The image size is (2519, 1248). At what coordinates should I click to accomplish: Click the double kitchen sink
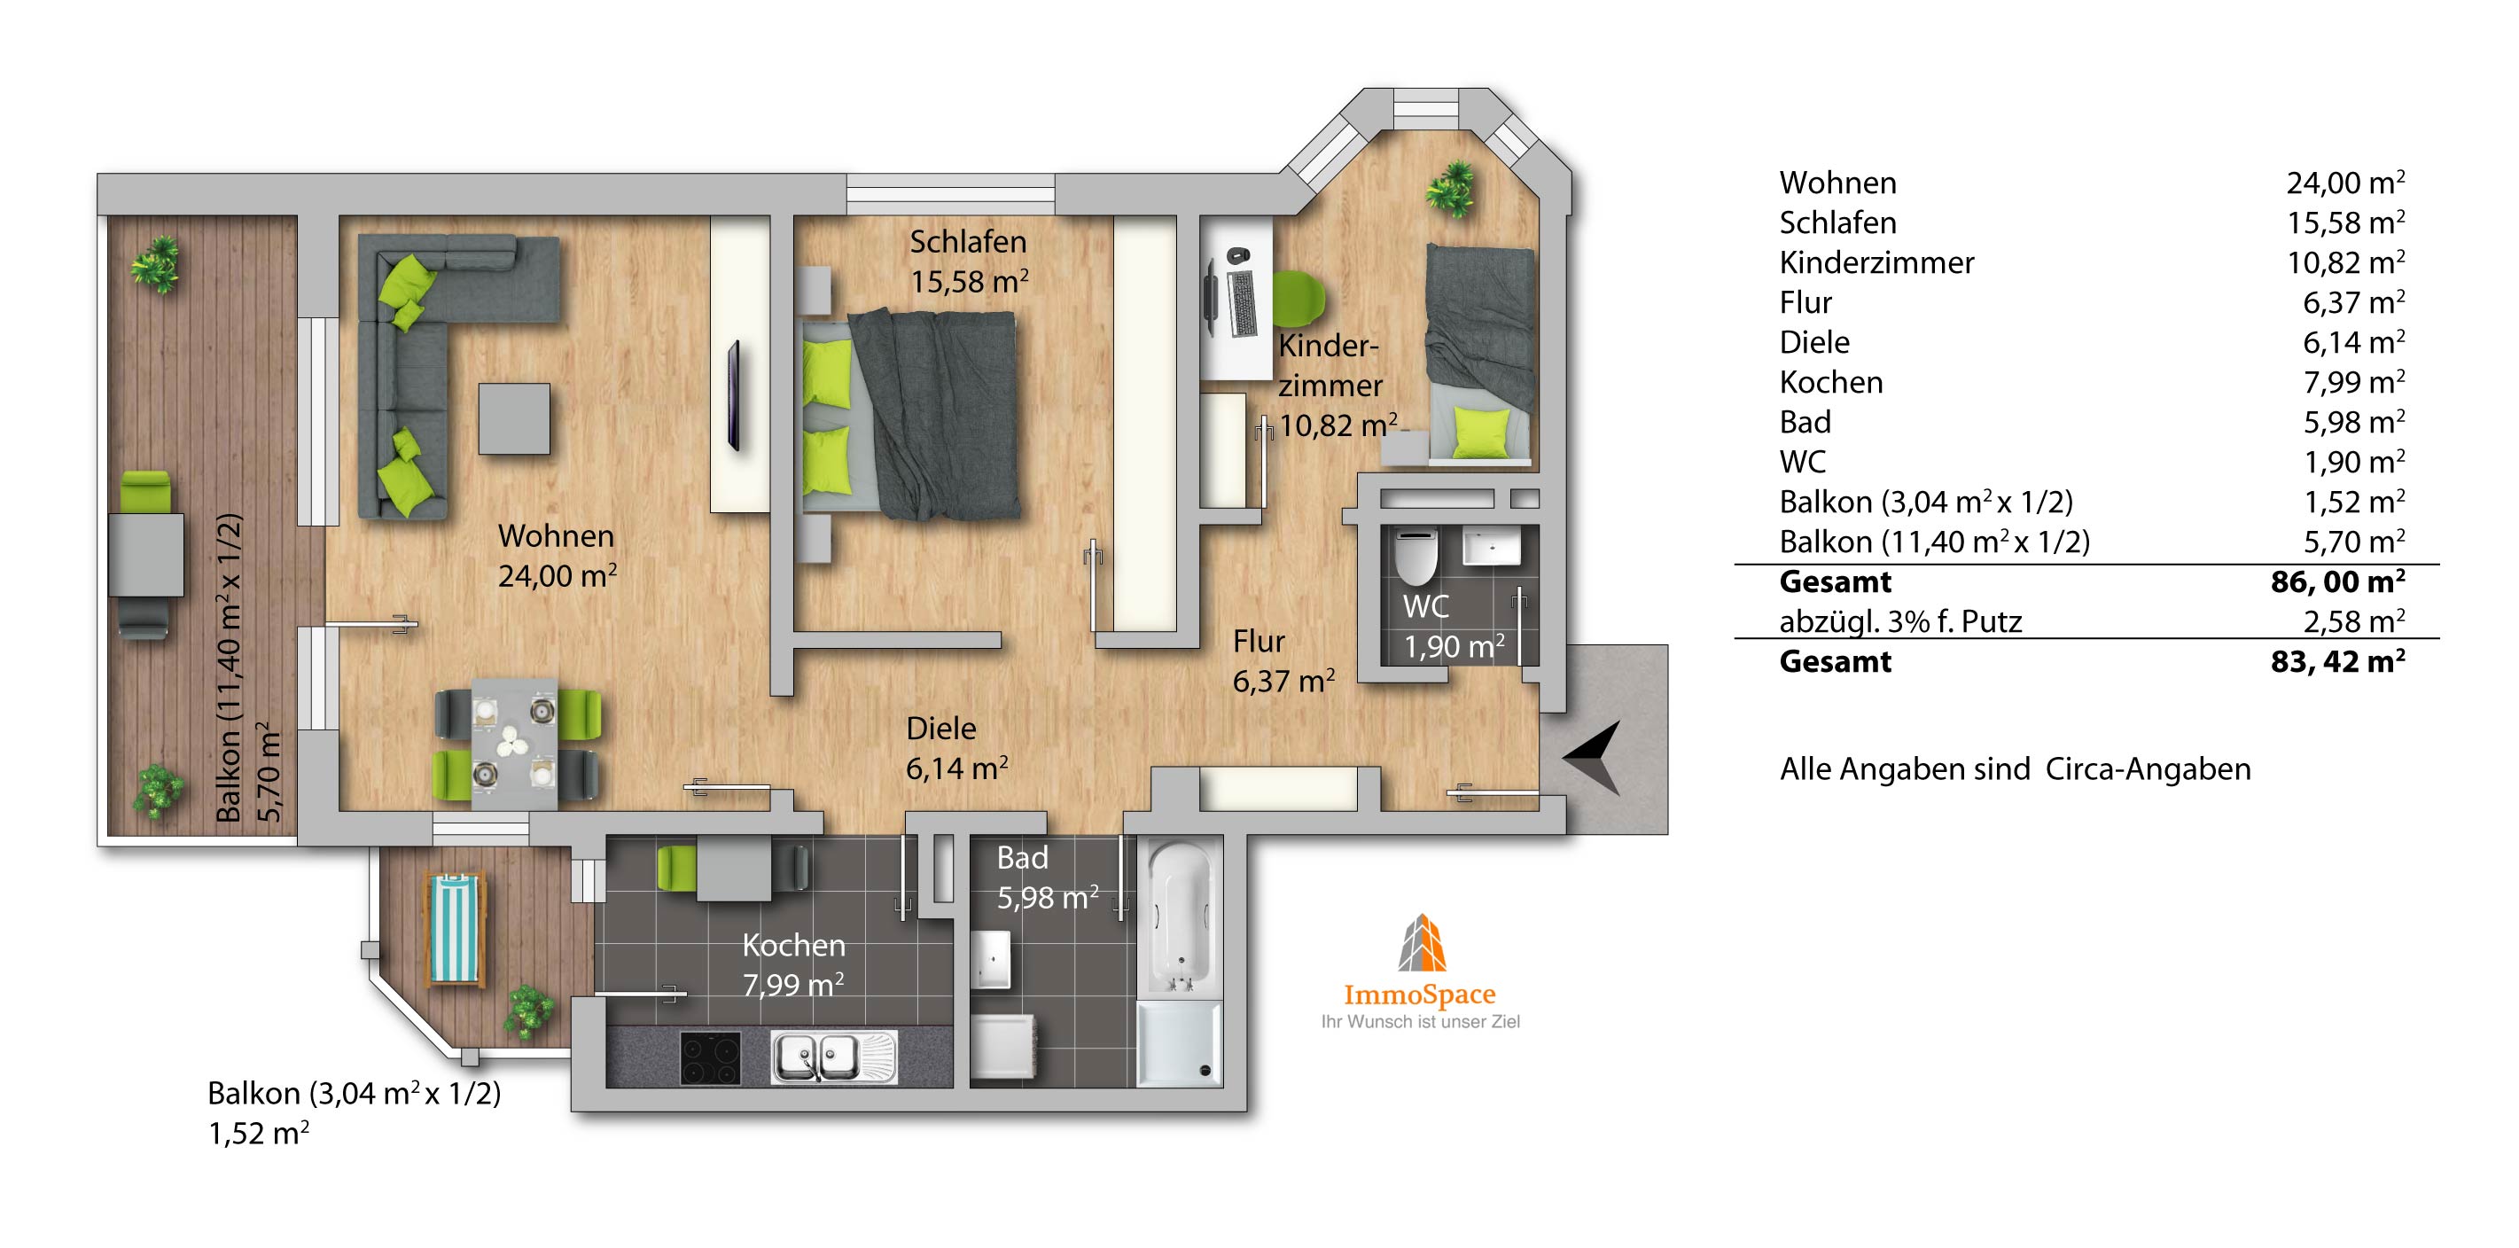coord(833,1057)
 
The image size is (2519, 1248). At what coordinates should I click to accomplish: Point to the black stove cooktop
coord(710,1058)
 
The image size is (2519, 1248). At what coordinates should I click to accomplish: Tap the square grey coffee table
coord(513,418)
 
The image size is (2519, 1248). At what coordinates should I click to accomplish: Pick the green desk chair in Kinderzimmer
coord(1298,297)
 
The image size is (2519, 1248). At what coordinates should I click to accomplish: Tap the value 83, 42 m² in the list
coord(2337,661)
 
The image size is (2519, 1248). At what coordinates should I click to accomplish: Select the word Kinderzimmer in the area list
coord(1876,262)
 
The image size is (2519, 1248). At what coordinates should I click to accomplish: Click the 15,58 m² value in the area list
coord(2345,222)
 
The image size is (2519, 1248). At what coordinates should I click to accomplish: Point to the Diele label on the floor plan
coord(940,729)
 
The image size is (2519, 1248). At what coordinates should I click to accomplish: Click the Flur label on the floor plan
coord(1259,642)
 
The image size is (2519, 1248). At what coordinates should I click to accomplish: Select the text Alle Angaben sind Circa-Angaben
coord(2015,768)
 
